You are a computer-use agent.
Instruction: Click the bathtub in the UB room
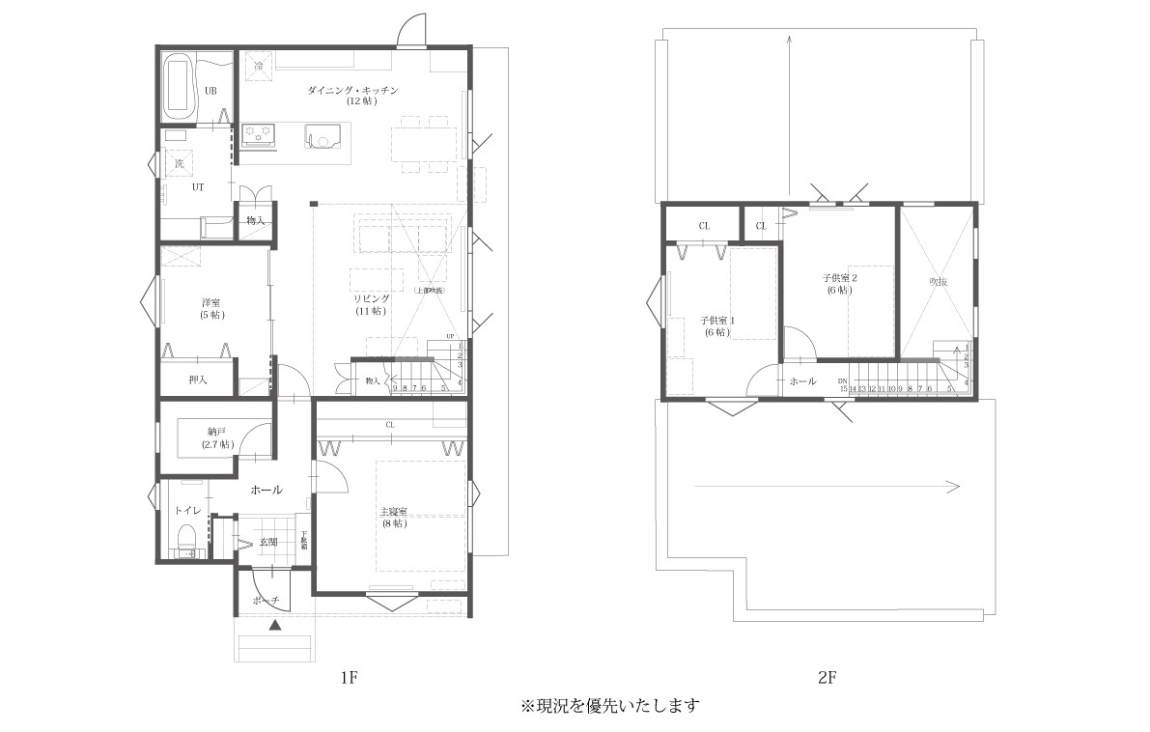180,84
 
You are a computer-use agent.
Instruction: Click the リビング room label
371,305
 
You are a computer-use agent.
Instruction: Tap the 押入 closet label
198,380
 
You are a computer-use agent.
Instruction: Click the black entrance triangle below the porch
275,626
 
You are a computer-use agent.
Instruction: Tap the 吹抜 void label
939,281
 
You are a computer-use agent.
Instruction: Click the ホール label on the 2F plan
802,381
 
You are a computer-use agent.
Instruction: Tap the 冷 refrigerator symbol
259,66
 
